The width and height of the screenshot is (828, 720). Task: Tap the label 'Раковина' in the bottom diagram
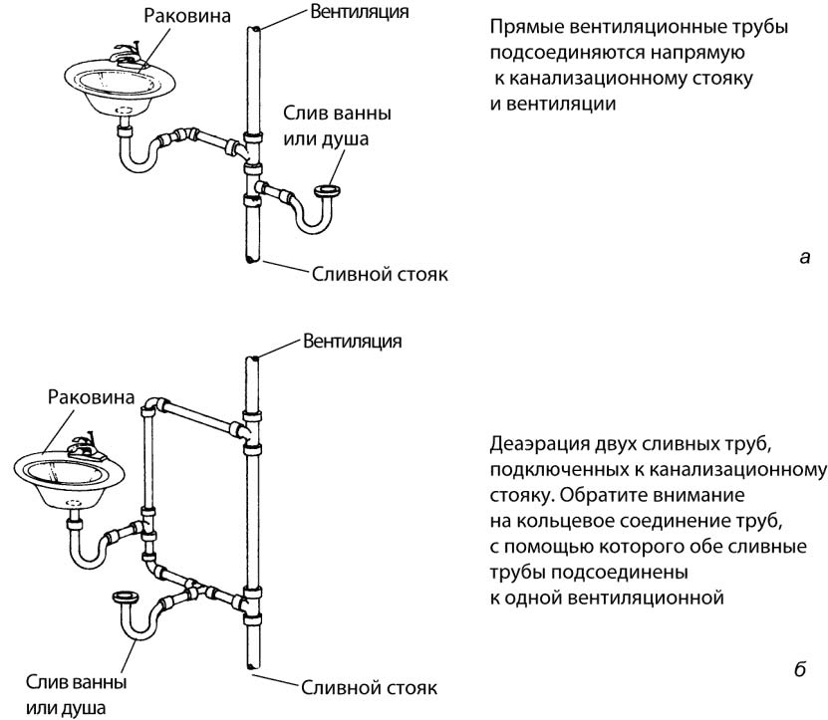[x=90, y=396]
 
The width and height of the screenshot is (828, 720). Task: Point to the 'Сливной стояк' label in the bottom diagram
[x=369, y=688]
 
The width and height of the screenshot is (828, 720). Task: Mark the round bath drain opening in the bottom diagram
[x=124, y=598]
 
